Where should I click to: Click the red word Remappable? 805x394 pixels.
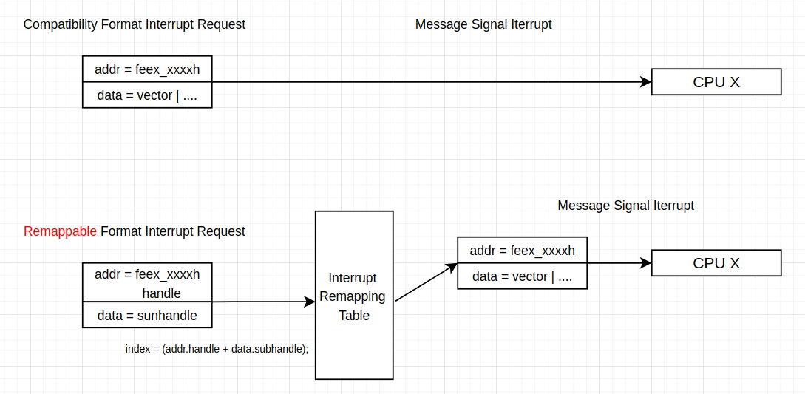tap(60, 231)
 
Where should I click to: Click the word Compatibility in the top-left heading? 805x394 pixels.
tap(61, 24)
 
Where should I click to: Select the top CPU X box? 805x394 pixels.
tap(716, 82)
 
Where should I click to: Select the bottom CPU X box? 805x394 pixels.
tap(716, 263)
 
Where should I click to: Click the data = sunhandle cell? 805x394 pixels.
tap(147, 316)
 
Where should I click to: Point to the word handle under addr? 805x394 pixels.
tap(161, 293)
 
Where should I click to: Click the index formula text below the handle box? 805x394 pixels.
tap(217, 349)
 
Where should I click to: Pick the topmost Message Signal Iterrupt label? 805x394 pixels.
tap(483, 24)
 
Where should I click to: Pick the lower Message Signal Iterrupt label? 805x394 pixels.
tap(625, 206)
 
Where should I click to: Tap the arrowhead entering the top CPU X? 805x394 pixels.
tap(645, 82)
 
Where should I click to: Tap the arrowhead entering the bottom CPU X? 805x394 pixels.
tap(645, 263)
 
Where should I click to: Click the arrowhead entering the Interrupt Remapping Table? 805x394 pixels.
tap(310, 302)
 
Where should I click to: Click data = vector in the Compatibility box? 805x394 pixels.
tap(147, 95)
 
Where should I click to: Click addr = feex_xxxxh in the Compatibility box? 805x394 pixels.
tap(147, 70)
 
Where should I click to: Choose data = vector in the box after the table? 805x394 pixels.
tap(522, 276)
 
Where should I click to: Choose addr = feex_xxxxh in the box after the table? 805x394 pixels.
tap(522, 251)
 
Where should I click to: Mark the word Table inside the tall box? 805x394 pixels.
tap(354, 316)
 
